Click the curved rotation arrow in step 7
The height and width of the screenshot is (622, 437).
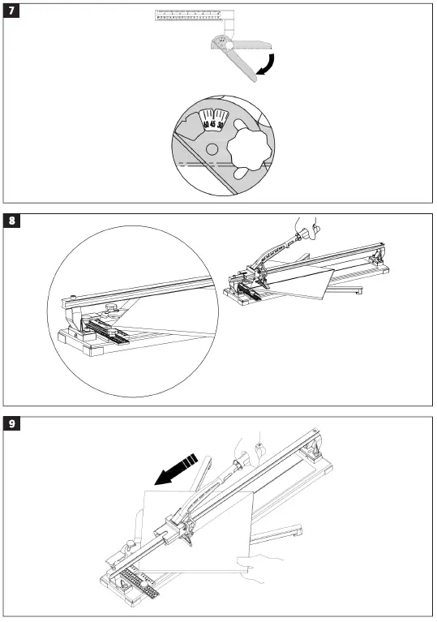click(267, 66)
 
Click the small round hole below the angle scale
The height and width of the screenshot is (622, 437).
click(212, 149)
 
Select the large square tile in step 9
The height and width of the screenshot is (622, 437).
click(199, 527)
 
